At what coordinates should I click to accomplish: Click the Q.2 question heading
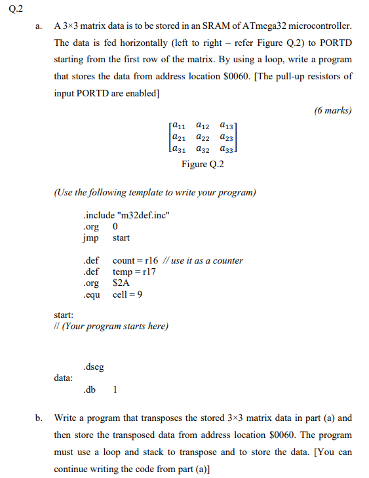[x=10, y=9]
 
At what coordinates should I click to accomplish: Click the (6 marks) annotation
[x=333, y=110]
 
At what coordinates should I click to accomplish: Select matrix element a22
[x=203, y=137]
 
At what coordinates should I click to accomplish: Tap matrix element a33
[x=227, y=149]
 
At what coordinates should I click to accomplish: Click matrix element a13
[x=227, y=125]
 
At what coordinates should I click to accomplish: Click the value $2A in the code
[x=121, y=283]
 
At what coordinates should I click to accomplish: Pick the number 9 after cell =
[x=141, y=294]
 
